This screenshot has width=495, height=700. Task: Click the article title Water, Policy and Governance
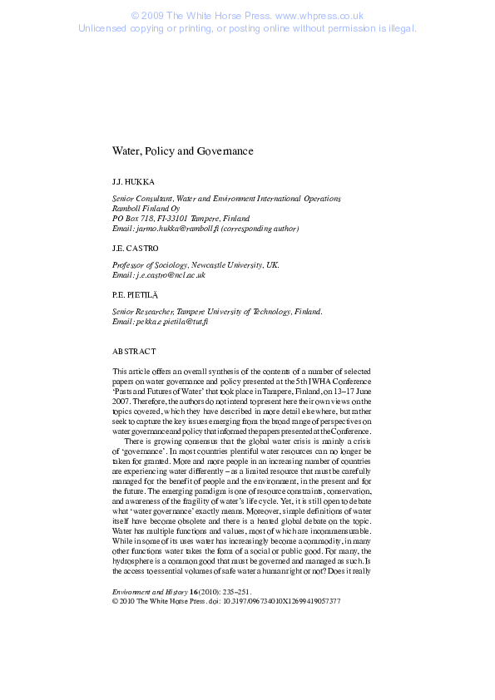pyautogui.click(x=182, y=151)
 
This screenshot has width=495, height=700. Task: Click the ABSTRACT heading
pyautogui.click(x=133, y=350)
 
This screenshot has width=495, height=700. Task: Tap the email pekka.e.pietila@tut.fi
pyautogui.click(x=171, y=321)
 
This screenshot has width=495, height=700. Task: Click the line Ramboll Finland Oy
pyautogui.click(x=146, y=208)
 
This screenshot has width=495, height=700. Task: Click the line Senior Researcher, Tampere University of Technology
pyautogui.click(x=216, y=311)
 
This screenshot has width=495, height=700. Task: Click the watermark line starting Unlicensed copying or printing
pyautogui.click(x=247, y=27)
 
